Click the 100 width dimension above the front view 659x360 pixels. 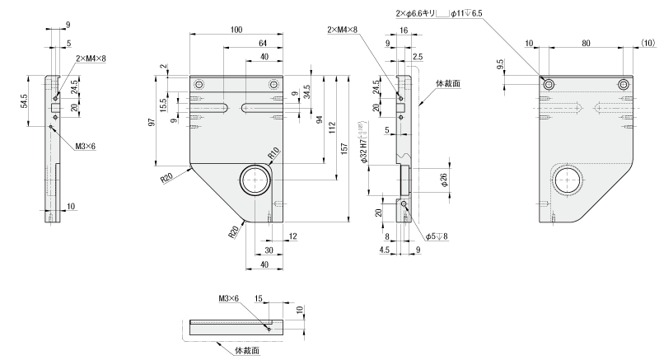[236, 30]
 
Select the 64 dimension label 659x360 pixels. [262, 43]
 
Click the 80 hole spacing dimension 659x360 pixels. [586, 43]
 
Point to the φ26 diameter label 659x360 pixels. [443, 179]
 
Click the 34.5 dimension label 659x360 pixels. [307, 92]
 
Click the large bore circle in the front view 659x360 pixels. [257, 179]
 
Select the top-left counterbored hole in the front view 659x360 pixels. [198, 86]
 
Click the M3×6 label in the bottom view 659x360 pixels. [228, 297]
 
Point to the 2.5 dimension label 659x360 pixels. [418, 57]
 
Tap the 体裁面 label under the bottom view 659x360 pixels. [247, 350]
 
